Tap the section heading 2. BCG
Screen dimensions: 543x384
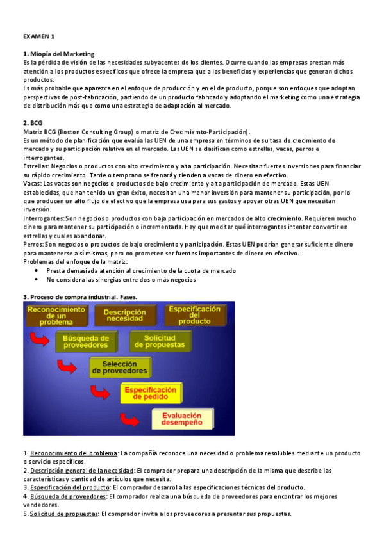coord(33,122)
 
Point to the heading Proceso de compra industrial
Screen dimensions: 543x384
coord(80,296)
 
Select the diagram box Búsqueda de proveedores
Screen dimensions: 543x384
coord(86,342)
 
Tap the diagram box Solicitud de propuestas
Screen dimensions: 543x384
coord(160,342)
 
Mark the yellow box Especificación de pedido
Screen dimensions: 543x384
coord(150,393)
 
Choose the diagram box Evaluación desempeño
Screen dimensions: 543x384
coord(181,419)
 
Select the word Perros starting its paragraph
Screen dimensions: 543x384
coord(33,245)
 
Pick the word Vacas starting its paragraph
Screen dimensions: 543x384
coord(32,183)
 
